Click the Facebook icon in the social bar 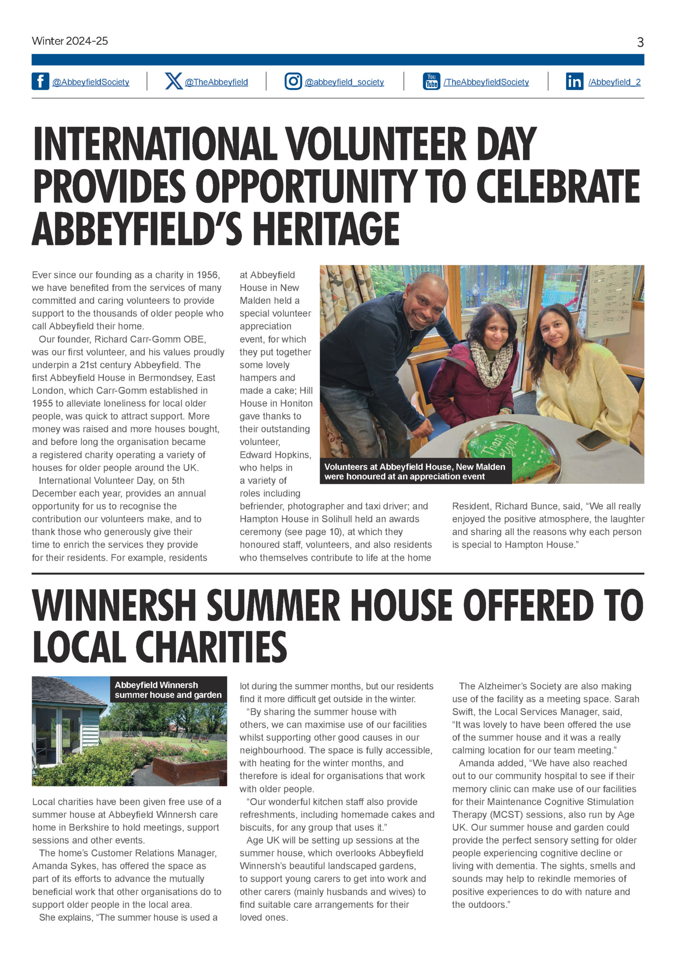(40, 81)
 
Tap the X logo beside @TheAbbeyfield (174, 81)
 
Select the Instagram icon (293, 81)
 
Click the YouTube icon (431, 81)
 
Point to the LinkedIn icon (574, 81)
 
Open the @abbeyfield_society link (344, 82)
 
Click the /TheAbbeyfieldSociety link (486, 82)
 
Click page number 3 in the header (640, 43)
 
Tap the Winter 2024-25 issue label (70, 41)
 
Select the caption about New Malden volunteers (415, 471)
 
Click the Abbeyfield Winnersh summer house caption (168, 690)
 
